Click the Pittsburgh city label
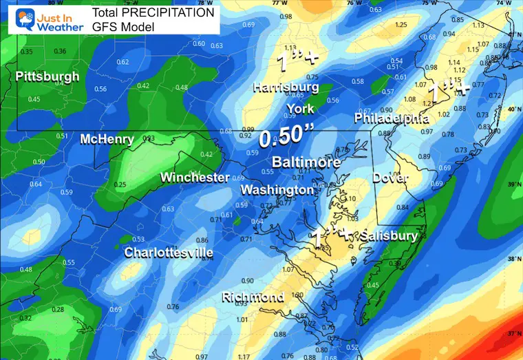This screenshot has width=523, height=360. (x=47, y=76)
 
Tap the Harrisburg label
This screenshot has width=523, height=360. (x=286, y=87)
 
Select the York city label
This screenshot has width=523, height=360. (x=300, y=109)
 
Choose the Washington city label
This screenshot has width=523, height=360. (x=277, y=189)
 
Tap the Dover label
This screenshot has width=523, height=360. (x=390, y=178)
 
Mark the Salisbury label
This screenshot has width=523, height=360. (x=388, y=236)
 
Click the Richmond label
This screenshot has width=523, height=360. (x=253, y=297)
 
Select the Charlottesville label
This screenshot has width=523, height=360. (x=169, y=253)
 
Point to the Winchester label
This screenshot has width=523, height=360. (x=195, y=178)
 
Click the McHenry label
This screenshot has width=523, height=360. (x=107, y=139)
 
